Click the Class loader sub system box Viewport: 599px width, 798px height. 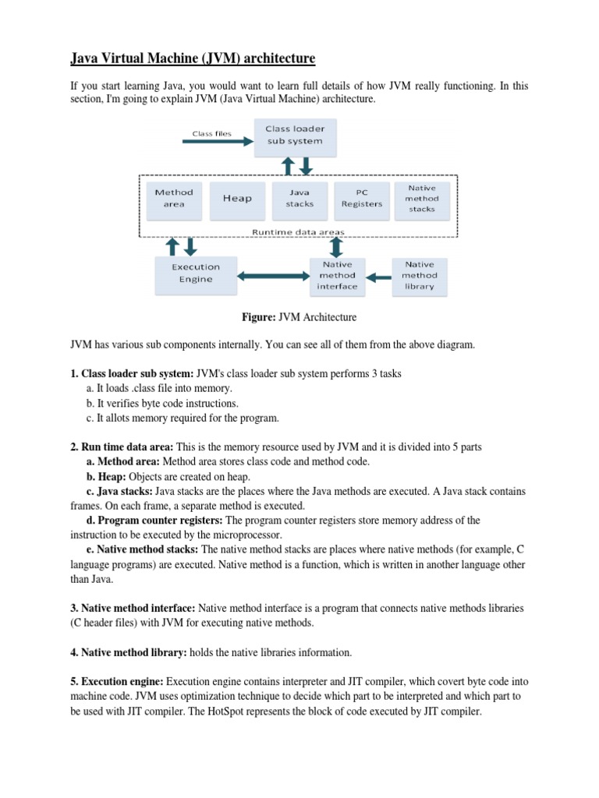tap(295, 135)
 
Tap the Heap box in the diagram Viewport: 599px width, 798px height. tap(237, 198)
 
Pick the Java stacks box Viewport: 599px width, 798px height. tap(299, 198)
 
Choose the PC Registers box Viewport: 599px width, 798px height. tap(361, 198)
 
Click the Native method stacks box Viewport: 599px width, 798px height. tap(423, 198)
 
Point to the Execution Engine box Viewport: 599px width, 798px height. tap(196, 274)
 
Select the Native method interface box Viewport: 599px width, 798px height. tap(337, 275)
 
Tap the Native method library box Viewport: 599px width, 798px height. tap(420, 275)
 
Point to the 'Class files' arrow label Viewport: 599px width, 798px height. tap(212, 133)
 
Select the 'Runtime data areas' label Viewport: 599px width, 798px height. tap(297, 231)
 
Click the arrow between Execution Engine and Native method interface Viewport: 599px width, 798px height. tap(274, 275)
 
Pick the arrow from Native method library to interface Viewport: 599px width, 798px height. tap(379, 275)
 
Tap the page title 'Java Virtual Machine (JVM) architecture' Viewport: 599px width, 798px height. tap(183, 59)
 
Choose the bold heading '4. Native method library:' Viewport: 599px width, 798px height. tap(127, 651)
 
